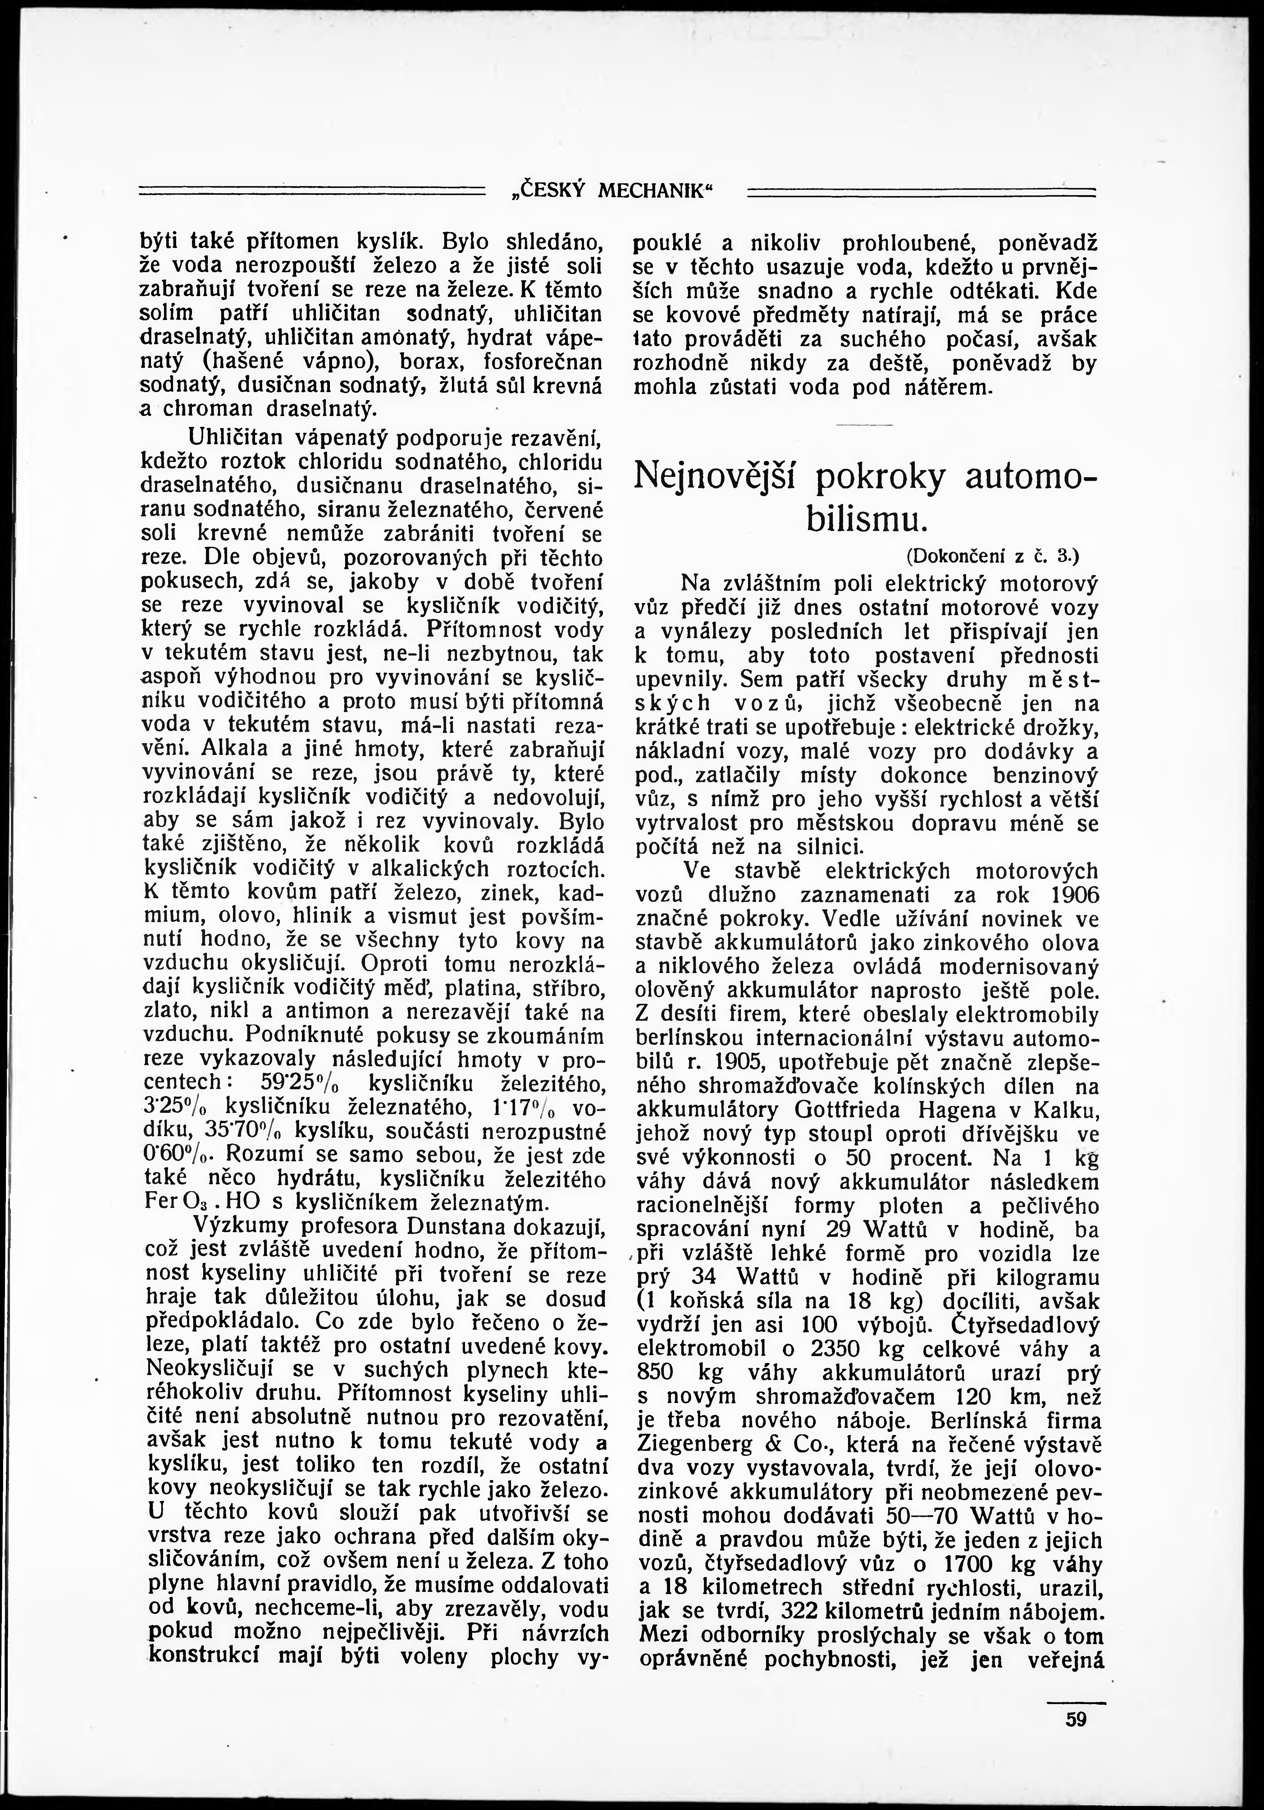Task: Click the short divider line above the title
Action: click(865, 426)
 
